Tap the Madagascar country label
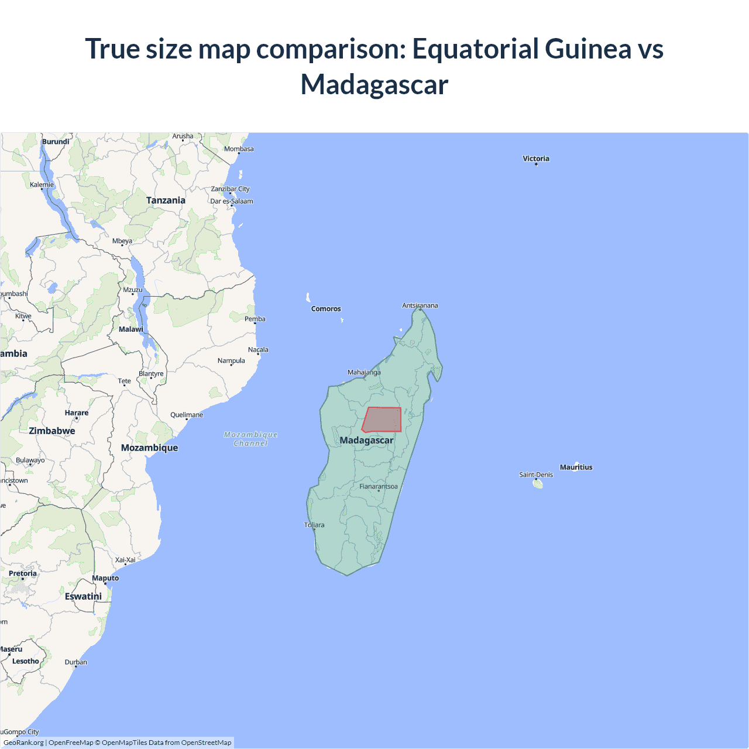click(366, 440)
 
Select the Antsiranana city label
click(420, 305)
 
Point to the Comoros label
click(326, 309)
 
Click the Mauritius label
click(576, 467)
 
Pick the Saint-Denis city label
click(535, 475)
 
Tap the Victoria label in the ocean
click(536, 159)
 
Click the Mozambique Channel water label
click(250, 439)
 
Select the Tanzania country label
click(166, 200)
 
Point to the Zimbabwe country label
click(52, 431)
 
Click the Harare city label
click(77, 413)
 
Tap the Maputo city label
click(105, 578)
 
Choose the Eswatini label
click(83, 596)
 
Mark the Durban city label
click(76, 662)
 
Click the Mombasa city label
click(239, 149)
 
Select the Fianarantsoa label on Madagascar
click(378, 486)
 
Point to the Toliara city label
click(314, 525)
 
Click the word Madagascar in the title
click(374, 84)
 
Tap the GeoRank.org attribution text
click(23, 743)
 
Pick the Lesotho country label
click(26, 661)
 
